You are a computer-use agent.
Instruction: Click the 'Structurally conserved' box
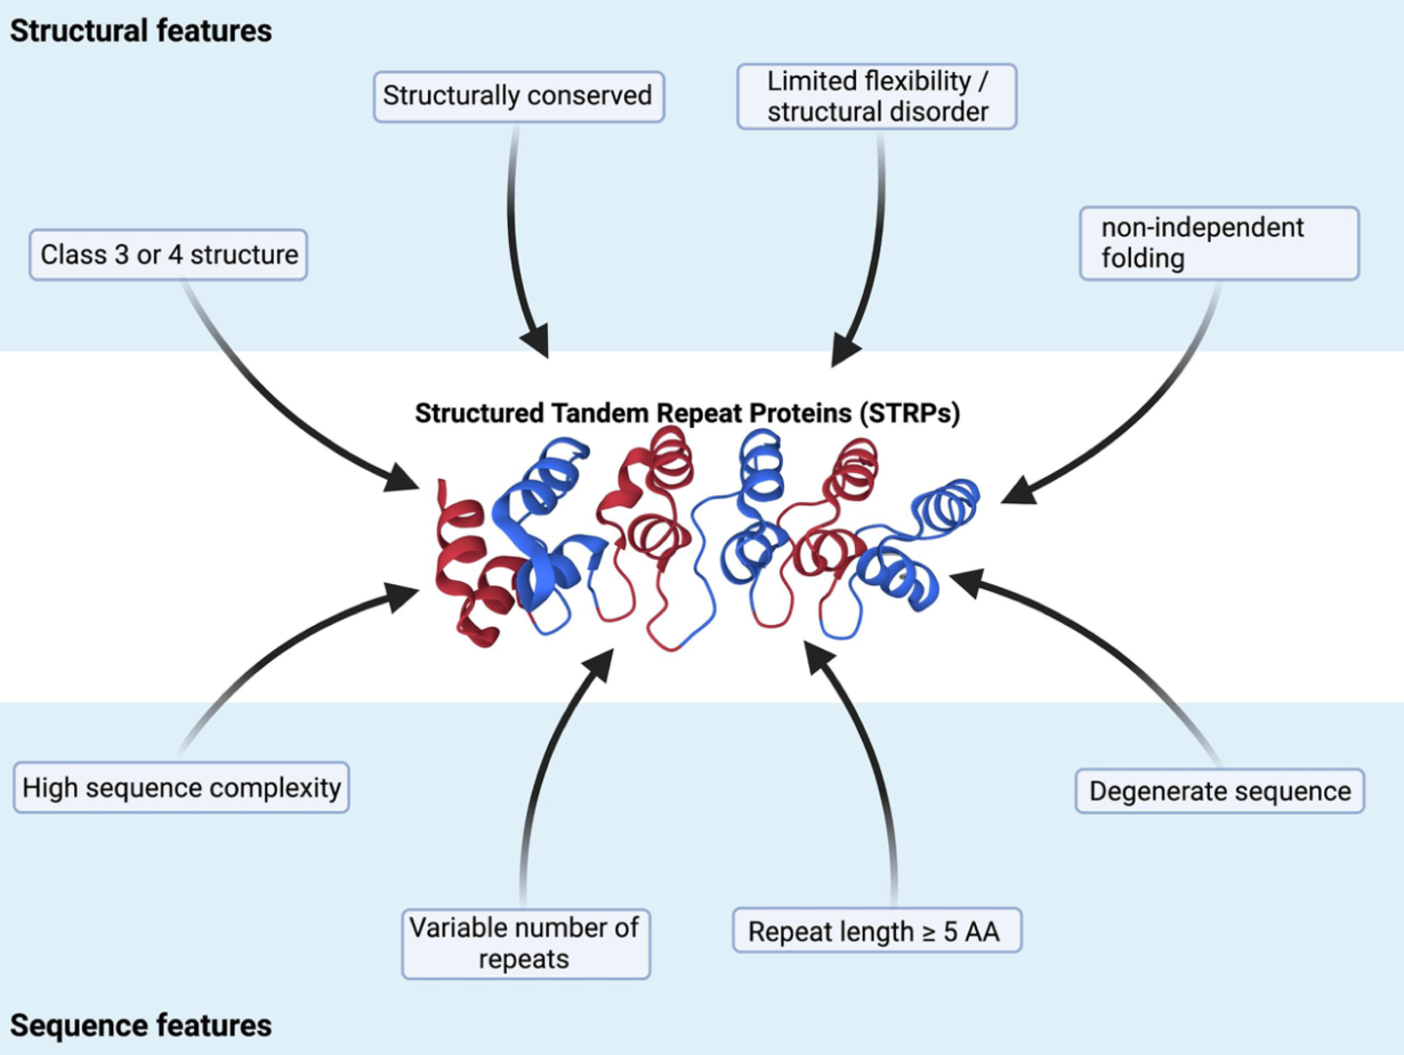click(518, 96)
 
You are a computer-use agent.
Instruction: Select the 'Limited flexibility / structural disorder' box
click(877, 97)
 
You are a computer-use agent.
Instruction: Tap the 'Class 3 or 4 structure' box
click(169, 254)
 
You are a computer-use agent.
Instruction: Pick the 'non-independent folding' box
click(1219, 243)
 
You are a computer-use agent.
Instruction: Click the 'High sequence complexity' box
click(181, 788)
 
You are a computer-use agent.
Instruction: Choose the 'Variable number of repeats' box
click(526, 943)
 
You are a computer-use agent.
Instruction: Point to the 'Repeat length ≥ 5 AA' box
click(877, 931)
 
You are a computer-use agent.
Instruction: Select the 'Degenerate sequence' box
click(1220, 791)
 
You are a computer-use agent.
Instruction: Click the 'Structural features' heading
click(141, 31)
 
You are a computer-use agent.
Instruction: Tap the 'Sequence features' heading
click(141, 1026)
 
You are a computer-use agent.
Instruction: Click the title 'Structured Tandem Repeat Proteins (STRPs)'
click(687, 413)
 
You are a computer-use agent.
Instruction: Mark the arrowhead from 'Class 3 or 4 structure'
click(403, 478)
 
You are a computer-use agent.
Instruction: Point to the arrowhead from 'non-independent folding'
click(1017, 489)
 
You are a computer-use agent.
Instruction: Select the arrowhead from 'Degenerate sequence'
click(965, 582)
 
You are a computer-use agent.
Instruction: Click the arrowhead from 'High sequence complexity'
click(403, 595)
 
